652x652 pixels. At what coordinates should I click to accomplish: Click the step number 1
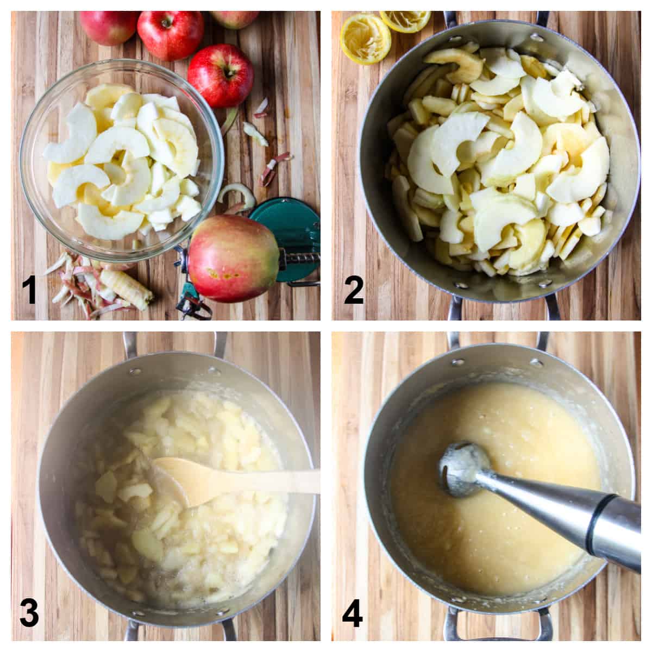point(29,291)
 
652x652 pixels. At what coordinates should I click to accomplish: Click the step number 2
point(354,291)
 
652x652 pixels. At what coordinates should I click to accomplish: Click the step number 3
point(29,613)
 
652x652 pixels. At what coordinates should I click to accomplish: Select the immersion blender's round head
point(457,465)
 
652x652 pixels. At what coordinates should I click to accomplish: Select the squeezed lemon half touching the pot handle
point(405,20)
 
